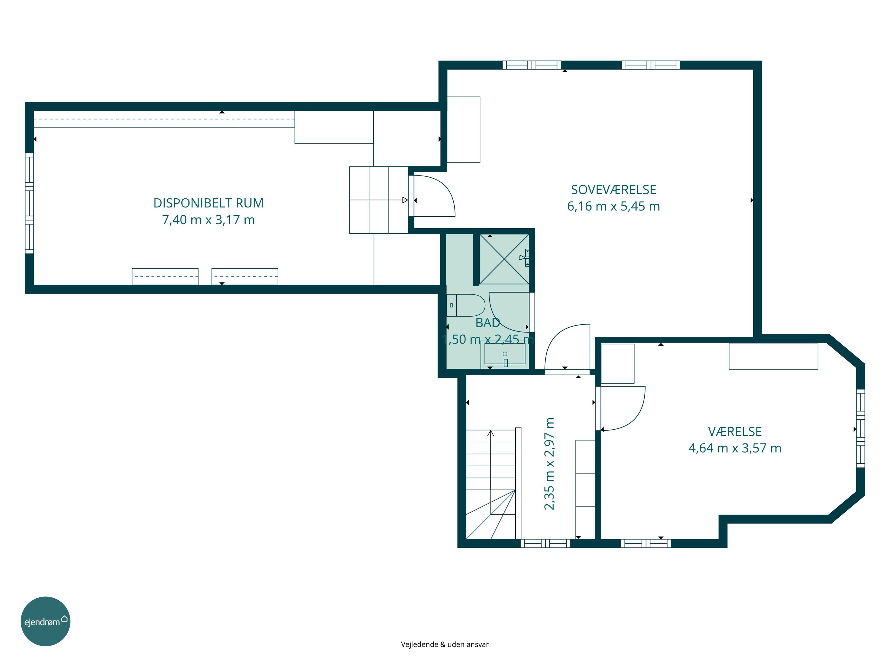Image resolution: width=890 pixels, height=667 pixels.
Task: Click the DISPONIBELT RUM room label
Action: coord(209,203)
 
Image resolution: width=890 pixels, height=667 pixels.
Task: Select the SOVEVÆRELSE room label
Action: coord(614,190)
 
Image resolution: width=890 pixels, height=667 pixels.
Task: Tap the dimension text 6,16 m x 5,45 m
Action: coord(614,206)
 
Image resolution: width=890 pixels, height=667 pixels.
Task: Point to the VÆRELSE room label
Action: coord(735,431)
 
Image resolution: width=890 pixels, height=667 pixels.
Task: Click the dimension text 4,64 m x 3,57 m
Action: coord(735,448)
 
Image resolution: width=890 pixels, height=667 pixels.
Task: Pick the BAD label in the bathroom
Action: coord(488,323)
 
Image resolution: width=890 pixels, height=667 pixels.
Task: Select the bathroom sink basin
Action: coord(505,354)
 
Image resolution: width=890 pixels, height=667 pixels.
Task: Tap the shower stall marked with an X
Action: coord(504,259)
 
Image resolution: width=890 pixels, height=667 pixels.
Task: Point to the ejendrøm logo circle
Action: coord(45,621)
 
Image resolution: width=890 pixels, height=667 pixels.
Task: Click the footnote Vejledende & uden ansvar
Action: coord(445,644)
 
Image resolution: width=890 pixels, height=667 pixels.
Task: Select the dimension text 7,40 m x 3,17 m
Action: coord(209,220)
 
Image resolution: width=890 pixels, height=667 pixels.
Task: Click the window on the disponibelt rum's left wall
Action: coord(29,203)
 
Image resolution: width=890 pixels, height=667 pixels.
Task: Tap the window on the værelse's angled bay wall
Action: coord(860,428)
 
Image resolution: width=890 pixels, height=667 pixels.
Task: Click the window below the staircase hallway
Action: coord(545,543)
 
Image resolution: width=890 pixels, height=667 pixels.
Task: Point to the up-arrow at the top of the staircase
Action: coord(490,433)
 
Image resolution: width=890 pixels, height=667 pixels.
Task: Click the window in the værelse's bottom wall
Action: coord(646,543)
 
